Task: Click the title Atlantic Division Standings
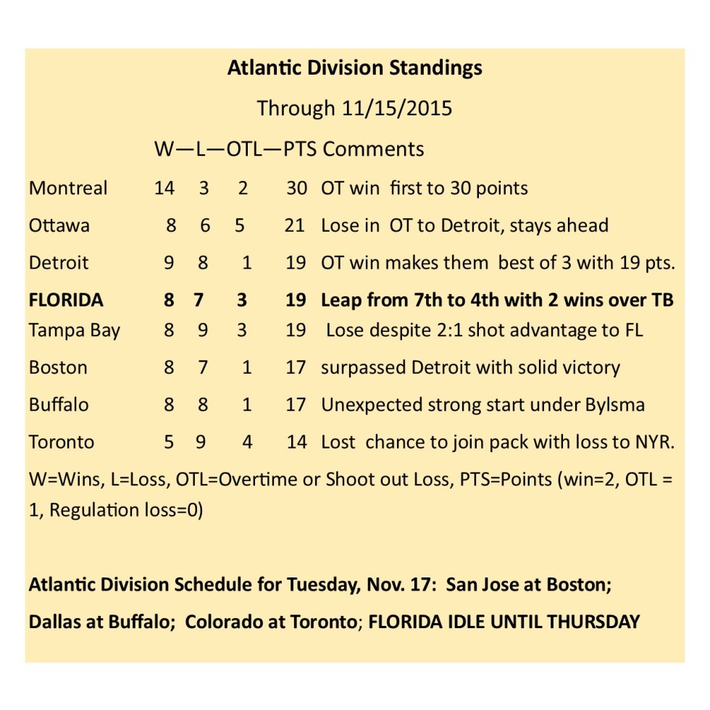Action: coord(354,68)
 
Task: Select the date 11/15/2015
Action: coord(396,109)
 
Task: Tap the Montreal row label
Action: coord(68,188)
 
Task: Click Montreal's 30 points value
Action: coord(296,188)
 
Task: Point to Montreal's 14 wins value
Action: coord(164,188)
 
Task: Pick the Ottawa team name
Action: coord(59,225)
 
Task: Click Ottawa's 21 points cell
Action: coord(294,225)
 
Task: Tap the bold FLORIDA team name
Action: coord(66,300)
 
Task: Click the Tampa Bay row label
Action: coord(75,330)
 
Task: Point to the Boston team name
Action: coord(58,367)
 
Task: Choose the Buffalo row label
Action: coord(59,404)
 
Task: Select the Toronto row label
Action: coord(62,442)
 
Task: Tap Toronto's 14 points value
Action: coord(296,442)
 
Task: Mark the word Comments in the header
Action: coord(373,149)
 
